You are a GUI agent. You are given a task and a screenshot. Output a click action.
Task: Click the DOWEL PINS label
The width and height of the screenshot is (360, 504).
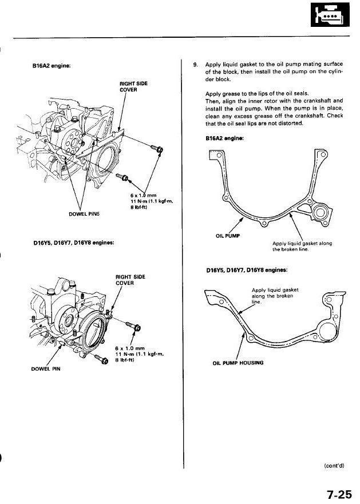click(x=84, y=213)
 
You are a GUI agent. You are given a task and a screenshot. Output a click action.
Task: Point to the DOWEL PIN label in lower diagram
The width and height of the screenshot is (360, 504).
click(x=43, y=368)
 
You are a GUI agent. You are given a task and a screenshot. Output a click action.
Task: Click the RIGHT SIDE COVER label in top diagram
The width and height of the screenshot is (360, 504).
click(x=133, y=86)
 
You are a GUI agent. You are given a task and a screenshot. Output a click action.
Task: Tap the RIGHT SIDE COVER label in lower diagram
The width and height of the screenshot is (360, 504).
click(x=130, y=279)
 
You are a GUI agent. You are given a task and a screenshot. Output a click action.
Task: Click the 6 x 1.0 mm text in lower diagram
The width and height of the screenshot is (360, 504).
click(x=128, y=347)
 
